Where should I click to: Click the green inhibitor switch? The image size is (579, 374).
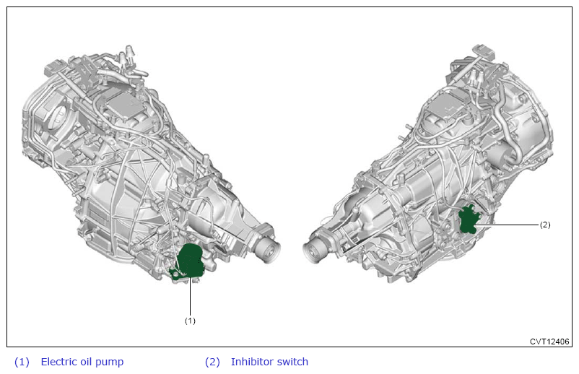(x=468, y=220)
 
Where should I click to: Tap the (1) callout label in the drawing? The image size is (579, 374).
(x=190, y=321)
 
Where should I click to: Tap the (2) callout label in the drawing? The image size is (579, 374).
(x=545, y=225)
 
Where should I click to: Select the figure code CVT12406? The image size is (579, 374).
(x=549, y=342)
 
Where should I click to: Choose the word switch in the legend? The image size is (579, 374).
(x=292, y=362)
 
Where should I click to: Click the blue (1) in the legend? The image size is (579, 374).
(x=22, y=362)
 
